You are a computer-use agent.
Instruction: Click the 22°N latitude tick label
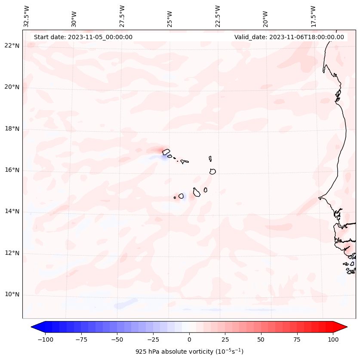pyautogui.click(x=12, y=46)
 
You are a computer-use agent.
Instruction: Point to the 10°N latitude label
pyautogui.click(x=12, y=295)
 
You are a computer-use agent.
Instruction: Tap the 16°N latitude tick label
pyautogui.click(x=12, y=170)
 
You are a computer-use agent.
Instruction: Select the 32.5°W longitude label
pyautogui.click(x=27, y=16)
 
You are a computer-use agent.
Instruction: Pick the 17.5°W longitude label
pyautogui.click(x=314, y=16)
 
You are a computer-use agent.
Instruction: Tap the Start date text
pyautogui.click(x=83, y=37)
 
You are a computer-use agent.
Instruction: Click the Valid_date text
pyautogui.click(x=289, y=37)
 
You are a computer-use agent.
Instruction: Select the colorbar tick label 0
pyautogui.click(x=189, y=339)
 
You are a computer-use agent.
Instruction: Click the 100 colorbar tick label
pyautogui.click(x=333, y=339)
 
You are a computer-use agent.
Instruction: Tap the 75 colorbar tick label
pyautogui.click(x=297, y=339)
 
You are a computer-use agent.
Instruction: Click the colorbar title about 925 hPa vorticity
pyautogui.click(x=189, y=352)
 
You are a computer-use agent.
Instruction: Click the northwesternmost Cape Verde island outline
pyautogui.click(x=166, y=151)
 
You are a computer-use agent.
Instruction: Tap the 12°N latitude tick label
pyautogui.click(x=12, y=253)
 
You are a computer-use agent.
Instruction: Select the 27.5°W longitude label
pyautogui.click(x=122, y=16)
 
